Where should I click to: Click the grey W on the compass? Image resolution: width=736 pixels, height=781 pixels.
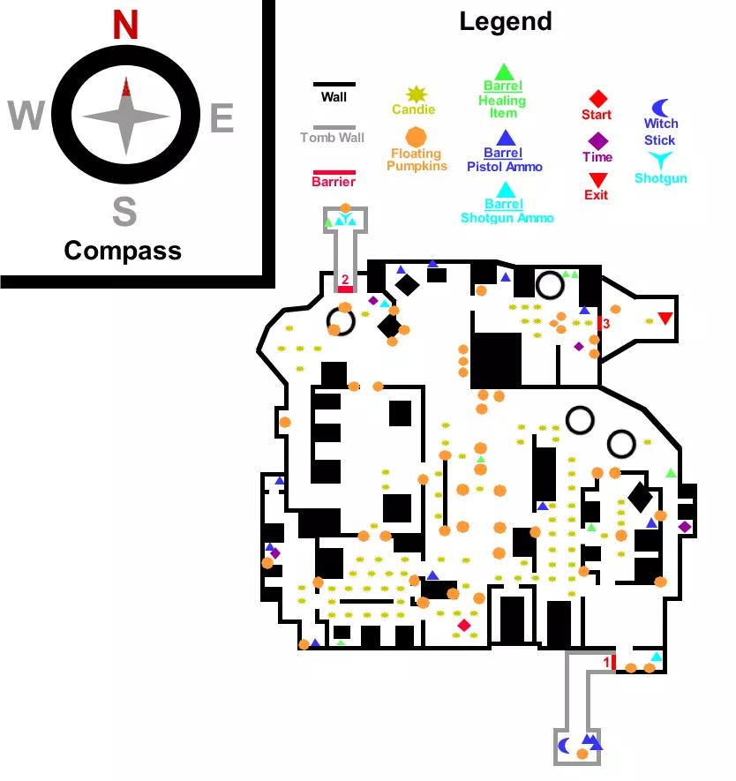coord(26,116)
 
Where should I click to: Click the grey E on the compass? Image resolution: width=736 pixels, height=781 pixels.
coord(222,117)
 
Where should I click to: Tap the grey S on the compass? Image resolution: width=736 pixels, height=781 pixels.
coord(124,212)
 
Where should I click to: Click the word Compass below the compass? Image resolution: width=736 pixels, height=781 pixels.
coord(123,251)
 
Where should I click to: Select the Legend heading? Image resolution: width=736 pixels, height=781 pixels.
coord(505,21)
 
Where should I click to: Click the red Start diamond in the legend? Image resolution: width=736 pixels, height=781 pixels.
coord(597,98)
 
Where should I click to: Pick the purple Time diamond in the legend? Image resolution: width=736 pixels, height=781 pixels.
coord(597,140)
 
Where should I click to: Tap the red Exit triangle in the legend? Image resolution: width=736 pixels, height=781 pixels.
coord(597,179)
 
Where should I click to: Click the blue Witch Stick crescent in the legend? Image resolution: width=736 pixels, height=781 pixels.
coord(659,107)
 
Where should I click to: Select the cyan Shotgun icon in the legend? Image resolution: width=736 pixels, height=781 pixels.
coord(659,160)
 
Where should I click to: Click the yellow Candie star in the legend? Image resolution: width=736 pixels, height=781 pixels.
coord(414,94)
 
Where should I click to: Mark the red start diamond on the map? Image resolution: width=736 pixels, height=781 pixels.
coord(464,626)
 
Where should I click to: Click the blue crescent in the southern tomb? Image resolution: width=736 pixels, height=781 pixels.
coord(566,743)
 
